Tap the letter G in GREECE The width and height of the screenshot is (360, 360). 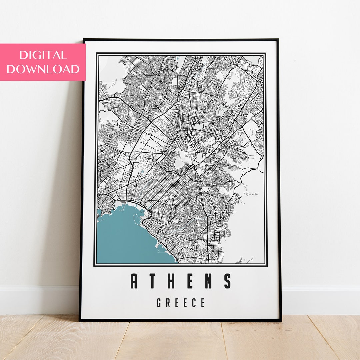point(159,303)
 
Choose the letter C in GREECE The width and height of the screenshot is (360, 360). point(194,303)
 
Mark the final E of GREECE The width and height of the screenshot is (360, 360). point(202,303)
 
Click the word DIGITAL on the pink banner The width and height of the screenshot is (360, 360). point(43,55)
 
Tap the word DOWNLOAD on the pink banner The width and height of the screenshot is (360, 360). point(43,69)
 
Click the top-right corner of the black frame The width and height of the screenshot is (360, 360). point(278,40)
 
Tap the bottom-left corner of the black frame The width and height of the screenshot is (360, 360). point(80,320)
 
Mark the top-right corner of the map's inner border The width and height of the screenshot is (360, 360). point(265,54)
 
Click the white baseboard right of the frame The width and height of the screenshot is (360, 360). point(320,300)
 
